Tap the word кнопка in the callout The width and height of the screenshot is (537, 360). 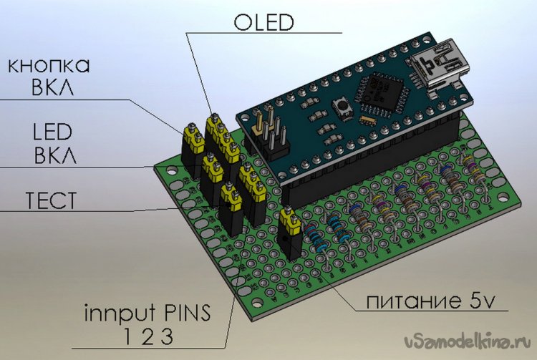[x=49, y=66]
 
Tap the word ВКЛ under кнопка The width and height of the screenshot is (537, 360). [x=51, y=91]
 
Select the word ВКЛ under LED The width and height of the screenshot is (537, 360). [x=51, y=156]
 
